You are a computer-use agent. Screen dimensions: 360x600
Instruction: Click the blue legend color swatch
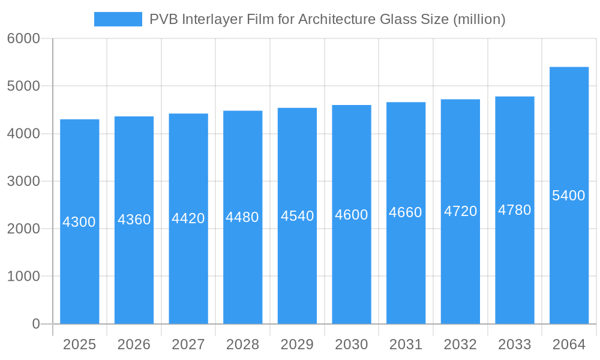[x=118, y=19]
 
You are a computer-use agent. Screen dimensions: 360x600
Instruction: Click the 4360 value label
[x=134, y=220]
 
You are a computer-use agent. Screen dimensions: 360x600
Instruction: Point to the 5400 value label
[x=569, y=196]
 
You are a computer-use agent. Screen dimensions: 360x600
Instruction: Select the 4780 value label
[x=515, y=210]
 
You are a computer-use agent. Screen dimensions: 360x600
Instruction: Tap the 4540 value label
[x=297, y=216]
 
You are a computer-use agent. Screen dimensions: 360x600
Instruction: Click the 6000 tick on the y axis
[x=23, y=38]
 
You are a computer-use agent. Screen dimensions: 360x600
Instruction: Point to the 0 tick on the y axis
[x=35, y=324]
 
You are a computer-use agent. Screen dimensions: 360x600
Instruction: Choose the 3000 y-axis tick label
[x=23, y=181]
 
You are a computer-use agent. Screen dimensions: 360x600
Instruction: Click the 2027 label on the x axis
[x=188, y=344]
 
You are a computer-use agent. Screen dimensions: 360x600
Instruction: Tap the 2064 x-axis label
[x=569, y=344]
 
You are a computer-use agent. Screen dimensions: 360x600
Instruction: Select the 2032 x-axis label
[x=460, y=344]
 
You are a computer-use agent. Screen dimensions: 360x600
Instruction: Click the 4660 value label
[x=406, y=212]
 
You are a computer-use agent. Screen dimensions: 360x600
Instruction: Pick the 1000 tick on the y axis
[x=23, y=277]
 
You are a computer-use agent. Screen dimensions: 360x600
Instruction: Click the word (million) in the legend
[x=479, y=19]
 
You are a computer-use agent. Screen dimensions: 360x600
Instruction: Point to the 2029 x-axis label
[x=297, y=344]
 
